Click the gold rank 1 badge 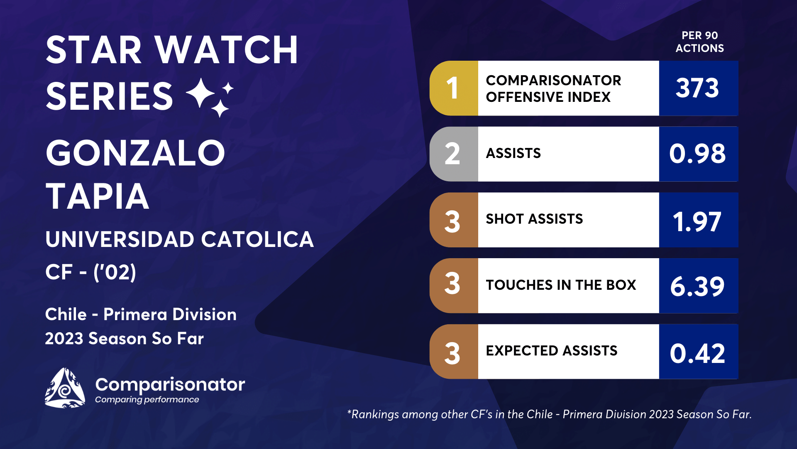click(454, 88)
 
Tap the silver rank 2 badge click(454, 154)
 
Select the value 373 click(697, 88)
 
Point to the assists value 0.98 click(697, 153)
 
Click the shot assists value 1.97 click(697, 222)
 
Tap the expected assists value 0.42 click(697, 353)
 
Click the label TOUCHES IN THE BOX click(561, 285)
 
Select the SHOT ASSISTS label click(534, 219)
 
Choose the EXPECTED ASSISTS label click(552, 350)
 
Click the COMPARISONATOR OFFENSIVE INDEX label click(554, 89)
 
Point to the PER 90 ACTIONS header click(699, 42)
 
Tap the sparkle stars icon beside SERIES click(210, 97)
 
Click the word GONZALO click(135, 153)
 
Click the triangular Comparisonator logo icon click(65, 387)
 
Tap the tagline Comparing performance click(147, 400)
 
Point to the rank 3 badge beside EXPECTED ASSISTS click(454, 352)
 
